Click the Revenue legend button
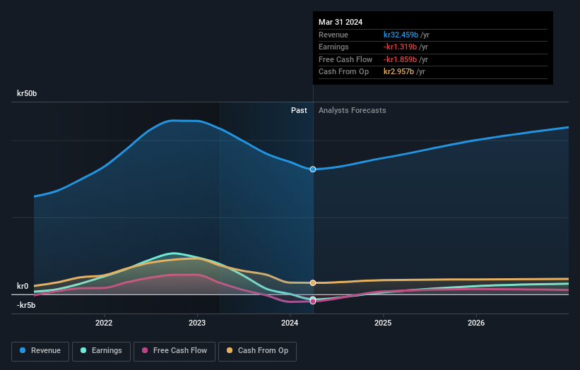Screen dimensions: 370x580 (40, 351)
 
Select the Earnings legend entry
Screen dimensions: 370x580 (101, 351)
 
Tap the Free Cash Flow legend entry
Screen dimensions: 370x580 (174, 351)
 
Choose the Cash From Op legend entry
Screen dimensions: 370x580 (257, 351)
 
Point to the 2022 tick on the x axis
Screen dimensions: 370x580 (104, 323)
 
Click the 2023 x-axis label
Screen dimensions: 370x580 (197, 323)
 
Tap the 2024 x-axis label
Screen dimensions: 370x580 (290, 323)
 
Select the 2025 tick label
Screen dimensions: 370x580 (383, 323)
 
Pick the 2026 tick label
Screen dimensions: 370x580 (476, 323)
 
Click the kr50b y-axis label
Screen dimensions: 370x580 (28, 93)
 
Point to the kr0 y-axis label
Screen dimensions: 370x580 (23, 286)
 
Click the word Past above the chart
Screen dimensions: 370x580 (299, 110)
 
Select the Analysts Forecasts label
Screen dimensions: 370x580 (352, 110)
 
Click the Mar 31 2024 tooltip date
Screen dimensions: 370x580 (341, 22)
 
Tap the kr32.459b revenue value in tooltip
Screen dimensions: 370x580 (401, 34)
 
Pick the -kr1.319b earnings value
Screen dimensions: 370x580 (401, 47)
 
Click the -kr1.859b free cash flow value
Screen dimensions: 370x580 (401, 59)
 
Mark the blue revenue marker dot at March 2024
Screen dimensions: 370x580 (313, 169)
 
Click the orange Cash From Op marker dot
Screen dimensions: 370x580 (313, 282)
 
